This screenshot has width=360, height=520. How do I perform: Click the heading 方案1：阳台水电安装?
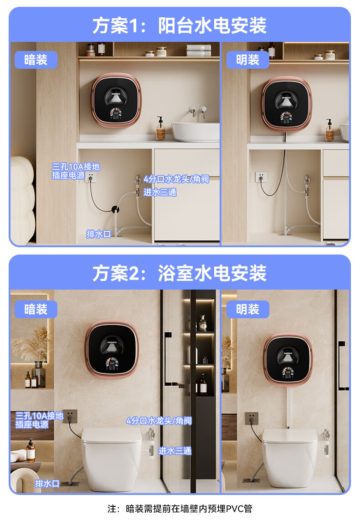[180, 25]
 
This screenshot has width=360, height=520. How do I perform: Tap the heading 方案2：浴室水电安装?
[180, 273]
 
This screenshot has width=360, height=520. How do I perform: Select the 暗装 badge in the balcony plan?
[36, 60]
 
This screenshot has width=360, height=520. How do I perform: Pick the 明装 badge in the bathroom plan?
[247, 310]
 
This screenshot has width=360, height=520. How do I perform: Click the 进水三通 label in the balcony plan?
[160, 192]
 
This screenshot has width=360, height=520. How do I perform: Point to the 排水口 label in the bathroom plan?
[47, 484]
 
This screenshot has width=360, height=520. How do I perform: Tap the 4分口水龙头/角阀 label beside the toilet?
[159, 421]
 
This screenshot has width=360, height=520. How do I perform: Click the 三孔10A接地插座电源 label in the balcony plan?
[76, 171]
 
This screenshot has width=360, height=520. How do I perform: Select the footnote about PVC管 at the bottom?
[180, 509]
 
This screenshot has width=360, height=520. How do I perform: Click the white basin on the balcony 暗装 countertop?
[195, 132]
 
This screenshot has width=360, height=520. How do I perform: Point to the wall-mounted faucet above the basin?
[198, 111]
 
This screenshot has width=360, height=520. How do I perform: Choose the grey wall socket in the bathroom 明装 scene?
[252, 418]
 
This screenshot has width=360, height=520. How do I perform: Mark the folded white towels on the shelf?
[198, 50]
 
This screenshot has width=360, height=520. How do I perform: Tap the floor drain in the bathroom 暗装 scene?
[70, 484]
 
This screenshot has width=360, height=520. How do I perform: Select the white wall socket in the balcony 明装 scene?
[261, 177]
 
